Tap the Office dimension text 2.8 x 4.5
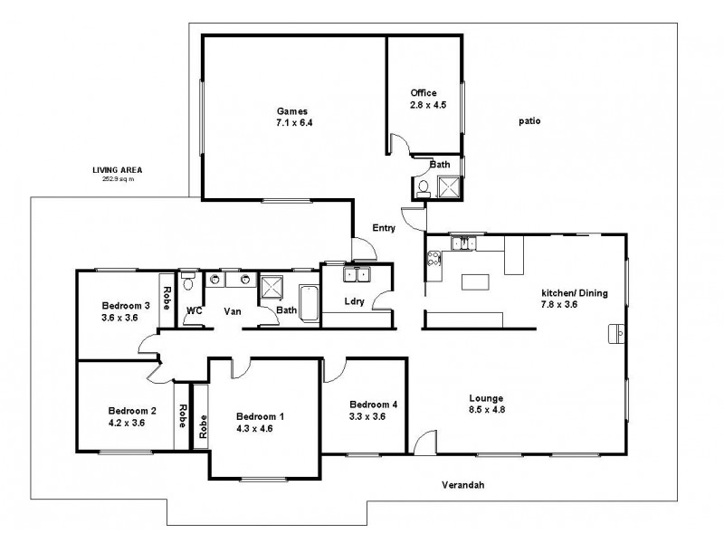pyautogui.click(x=424, y=104)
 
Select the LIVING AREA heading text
pyautogui.click(x=118, y=170)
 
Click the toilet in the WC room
pyautogui.click(x=187, y=281)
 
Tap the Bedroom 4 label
pyautogui.click(x=372, y=404)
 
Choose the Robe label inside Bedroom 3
pyautogui.click(x=167, y=297)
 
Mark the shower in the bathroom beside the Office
pyautogui.click(x=448, y=187)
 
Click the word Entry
pyautogui.click(x=384, y=229)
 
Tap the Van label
pyautogui.click(x=231, y=310)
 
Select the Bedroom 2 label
pyautogui.click(x=132, y=410)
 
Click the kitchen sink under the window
pyautogui.click(x=462, y=243)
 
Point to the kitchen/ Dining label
pyautogui.click(x=575, y=293)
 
